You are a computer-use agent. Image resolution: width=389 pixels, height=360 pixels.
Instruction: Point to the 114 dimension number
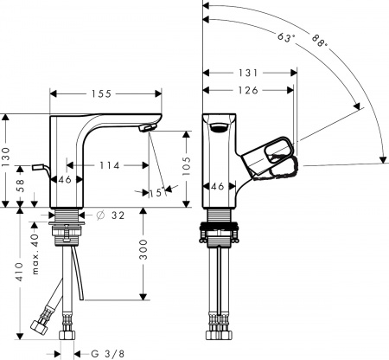click(x=108, y=165)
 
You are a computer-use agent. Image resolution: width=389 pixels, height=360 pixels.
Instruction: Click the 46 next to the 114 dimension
click(x=63, y=180)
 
